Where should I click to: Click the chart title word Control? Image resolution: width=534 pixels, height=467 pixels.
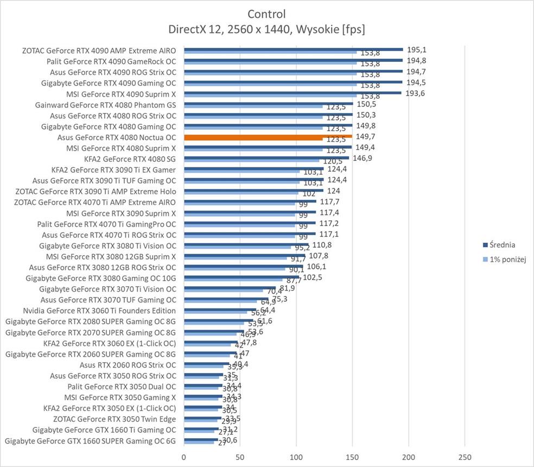click(266, 14)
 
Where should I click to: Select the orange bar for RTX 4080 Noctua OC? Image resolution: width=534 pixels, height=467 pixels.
click(268, 136)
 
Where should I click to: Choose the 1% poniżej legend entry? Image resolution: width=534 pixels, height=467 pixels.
click(507, 260)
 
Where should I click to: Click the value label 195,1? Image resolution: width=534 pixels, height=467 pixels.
click(416, 49)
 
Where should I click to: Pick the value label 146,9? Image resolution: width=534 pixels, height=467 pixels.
click(364, 158)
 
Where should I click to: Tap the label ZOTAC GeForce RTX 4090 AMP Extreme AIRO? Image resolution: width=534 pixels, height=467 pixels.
click(99, 50)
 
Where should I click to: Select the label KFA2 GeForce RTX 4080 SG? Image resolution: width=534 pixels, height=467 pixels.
click(130, 159)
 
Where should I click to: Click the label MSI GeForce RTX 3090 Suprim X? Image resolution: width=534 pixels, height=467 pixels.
click(121, 213)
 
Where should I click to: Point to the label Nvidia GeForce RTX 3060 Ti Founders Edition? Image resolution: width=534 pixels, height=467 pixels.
click(99, 311)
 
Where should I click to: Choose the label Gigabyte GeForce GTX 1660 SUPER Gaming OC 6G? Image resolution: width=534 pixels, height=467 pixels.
click(91, 441)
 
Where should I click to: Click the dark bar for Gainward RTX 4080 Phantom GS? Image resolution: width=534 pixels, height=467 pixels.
click(268, 103)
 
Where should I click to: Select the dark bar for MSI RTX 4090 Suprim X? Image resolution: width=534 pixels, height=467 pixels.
click(293, 92)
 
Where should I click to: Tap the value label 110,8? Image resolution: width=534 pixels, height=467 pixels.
click(321, 245)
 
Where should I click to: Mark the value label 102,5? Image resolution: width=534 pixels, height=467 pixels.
click(312, 277)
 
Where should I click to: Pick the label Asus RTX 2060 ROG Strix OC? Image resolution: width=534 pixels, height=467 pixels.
click(128, 365)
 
